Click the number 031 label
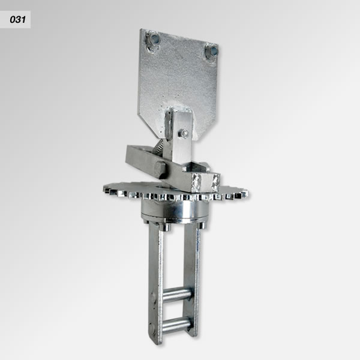[x=17, y=20]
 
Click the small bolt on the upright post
[x=184, y=133]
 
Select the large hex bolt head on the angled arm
[x=160, y=170]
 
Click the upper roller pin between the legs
[x=177, y=293]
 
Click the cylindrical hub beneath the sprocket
[x=175, y=209]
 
